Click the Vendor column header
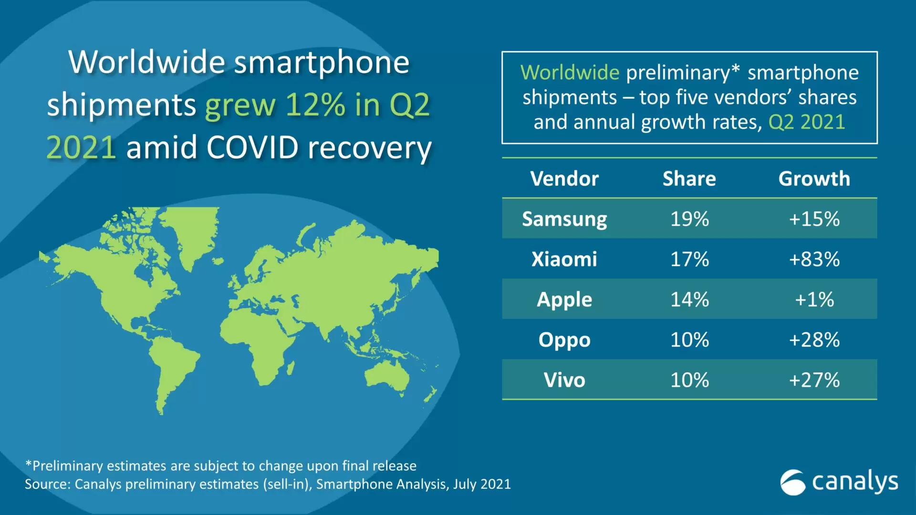pyautogui.click(x=564, y=179)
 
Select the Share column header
pyautogui.click(x=689, y=179)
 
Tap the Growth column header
pyautogui.click(x=814, y=179)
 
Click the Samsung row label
pyautogui.click(x=564, y=219)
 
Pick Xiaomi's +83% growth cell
pyautogui.click(x=814, y=259)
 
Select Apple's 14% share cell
pyautogui.click(x=689, y=299)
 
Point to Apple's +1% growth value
pyautogui.click(x=814, y=299)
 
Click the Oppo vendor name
pyautogui.click(x=564, y=340)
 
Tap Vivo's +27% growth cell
pyautogui.click(x=814, y=380)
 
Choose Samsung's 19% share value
pyautogui.click(x=689, y=219)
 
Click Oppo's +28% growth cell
pyautogui.click(x=814, y=340)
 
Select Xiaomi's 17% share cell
pyautogui.click(x=689, y=259)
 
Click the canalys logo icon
pyautogui.click(x=792, y=482)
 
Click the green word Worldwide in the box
pyautogui.click(x=570, y=72)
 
